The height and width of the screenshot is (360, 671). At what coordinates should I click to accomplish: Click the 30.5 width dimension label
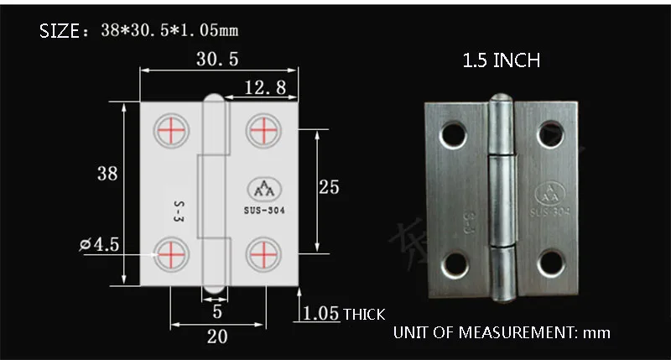coord(217,59)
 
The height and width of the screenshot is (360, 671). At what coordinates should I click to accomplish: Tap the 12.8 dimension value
coord(265,88)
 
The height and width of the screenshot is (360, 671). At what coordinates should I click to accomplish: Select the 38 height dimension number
coord(107,174)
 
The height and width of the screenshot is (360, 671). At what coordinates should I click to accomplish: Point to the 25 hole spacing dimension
coord(329,187)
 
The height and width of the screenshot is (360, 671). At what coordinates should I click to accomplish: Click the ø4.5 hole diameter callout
coord(99,244)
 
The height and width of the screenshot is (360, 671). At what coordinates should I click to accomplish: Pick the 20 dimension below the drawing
coord(217,337)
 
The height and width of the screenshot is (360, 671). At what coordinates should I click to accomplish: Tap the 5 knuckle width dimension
coord(217,311)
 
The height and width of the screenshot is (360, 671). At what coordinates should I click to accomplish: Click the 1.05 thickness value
coord(320,314)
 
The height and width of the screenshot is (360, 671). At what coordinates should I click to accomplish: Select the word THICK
coord(364,315)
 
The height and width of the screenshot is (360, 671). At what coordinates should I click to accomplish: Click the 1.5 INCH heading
coord(501,60)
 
